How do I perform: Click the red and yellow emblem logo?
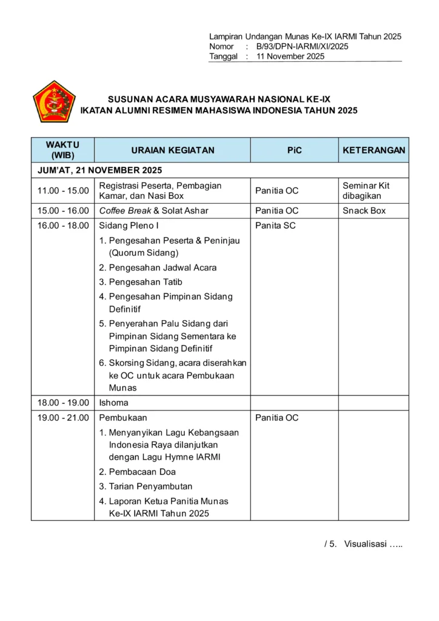(x=54, y=102)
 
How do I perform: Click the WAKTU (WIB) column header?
(x=62, y=150)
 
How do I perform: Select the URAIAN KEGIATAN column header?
(x=173, y=150)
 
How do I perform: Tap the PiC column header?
(x=294, y=150)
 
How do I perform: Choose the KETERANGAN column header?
(x=374, y=150)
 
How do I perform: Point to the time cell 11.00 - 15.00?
(x=63, y=191)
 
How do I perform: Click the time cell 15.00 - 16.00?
(x=63, y=211)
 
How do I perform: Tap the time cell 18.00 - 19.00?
(x=63, y=403)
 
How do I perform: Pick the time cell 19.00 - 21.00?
(x=63, y=418)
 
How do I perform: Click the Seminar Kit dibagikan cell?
(x=366, y=190)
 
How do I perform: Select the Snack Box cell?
(x=364, y=211)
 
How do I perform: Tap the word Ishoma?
(x=113, y=403)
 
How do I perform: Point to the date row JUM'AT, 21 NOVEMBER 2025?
(x=100, y=170)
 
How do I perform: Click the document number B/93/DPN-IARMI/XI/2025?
(x=302, y=47)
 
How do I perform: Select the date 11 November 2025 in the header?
(x=290, y=56)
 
